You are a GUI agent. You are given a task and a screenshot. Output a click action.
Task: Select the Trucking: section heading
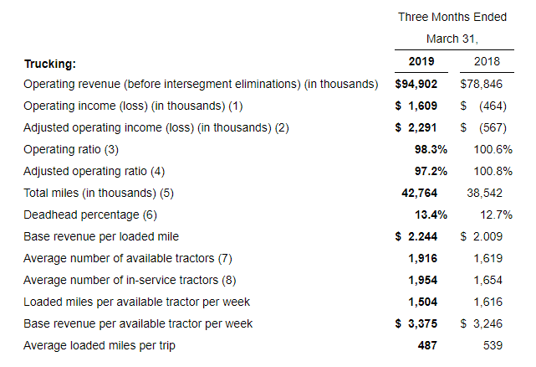[x=49, y=64]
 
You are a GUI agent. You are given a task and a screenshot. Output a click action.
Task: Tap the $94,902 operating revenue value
[x=421, y=84]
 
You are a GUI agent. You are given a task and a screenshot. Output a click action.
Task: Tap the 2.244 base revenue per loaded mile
[x=429, y=236]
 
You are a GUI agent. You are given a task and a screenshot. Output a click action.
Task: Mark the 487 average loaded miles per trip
[x=437, y=345]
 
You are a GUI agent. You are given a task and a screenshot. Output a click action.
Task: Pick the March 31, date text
[x=456, y=39]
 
